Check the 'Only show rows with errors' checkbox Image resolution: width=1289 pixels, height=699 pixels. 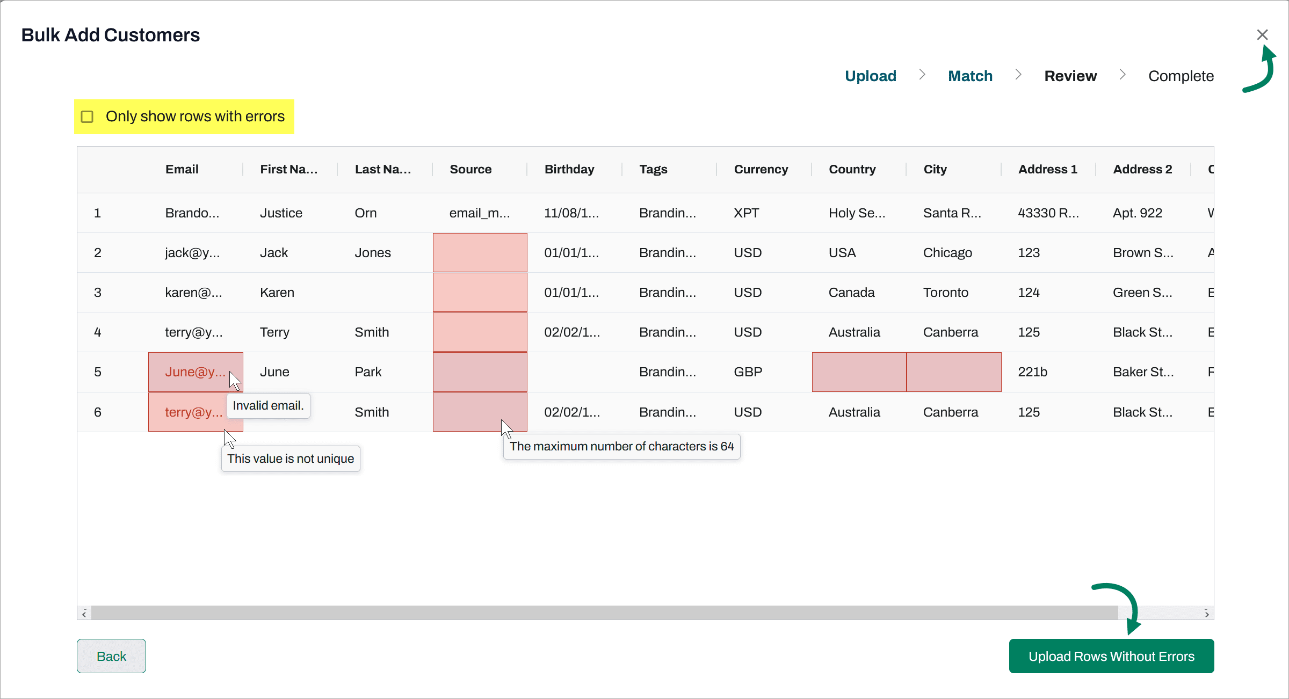point(87,116)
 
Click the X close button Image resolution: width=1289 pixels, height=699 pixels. point(1262,35)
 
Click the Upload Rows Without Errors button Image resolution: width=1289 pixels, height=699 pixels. point(1111,656)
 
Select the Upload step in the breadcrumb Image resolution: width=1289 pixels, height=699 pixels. point(870,76)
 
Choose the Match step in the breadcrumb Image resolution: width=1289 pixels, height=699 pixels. point(970,76)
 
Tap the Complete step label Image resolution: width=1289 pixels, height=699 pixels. point(1181,76)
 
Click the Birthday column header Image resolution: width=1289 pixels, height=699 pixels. point(569,169)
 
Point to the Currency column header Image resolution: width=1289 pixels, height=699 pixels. point(761,169)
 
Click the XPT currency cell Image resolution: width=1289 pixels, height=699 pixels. point(747,213)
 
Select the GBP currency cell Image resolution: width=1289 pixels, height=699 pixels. point(748,372)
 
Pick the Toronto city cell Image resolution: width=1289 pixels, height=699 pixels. point(945,293)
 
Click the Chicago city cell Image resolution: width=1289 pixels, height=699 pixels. point(947,253)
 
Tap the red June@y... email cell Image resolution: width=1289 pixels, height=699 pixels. point(194,372)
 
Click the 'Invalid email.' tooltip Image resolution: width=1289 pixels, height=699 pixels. point(268,406)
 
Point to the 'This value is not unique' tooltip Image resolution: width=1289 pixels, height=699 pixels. point(291,459)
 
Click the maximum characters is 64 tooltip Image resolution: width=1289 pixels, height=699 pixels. point(621,447)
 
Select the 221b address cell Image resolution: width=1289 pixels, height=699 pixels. point(1032,372)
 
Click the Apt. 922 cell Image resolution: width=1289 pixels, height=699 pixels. point(1137,213)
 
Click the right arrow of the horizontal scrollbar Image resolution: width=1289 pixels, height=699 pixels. point(1207,614)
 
